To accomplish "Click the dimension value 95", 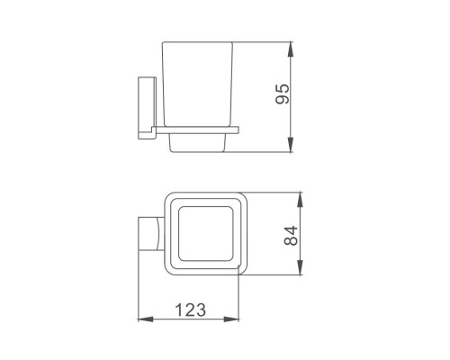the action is (x=283, y=94).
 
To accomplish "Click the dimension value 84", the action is (x=291, y=236).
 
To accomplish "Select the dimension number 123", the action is (x=190, y=310).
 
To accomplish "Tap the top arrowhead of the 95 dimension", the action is (x=291, y=49).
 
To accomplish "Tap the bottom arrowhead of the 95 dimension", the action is (x=291, y=145).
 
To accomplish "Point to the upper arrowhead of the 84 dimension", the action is (x=300, y=200).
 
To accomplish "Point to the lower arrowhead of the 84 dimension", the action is (x=300, y=267).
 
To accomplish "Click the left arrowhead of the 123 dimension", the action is (x=145, y=319).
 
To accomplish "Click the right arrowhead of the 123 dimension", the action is (x=231, y=319).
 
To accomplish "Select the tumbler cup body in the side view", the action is (x=197, y=84).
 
